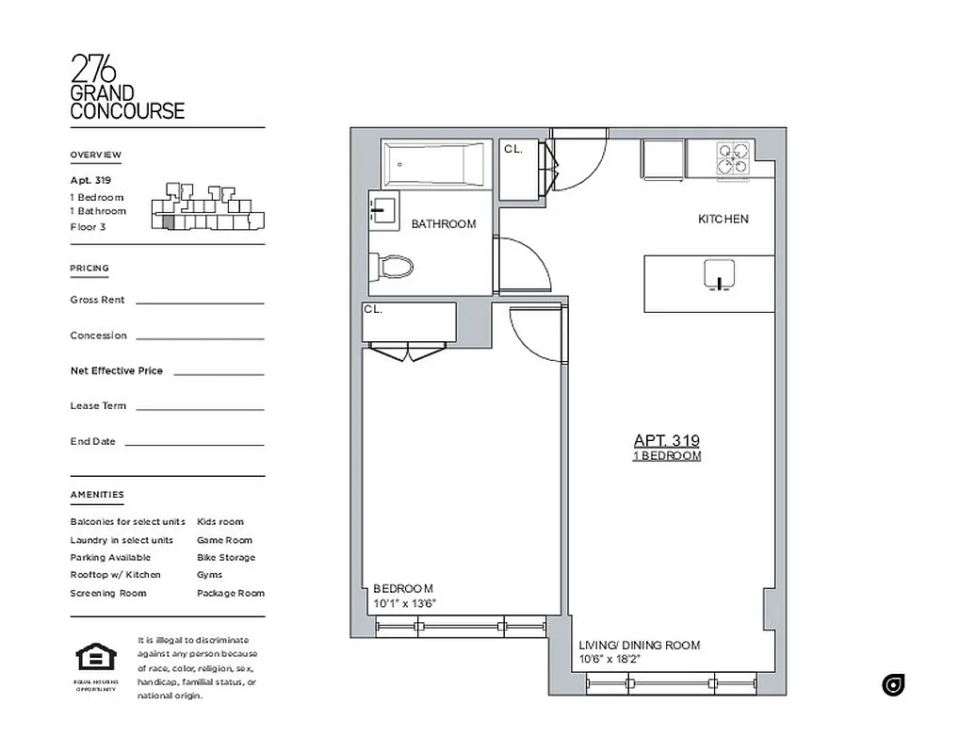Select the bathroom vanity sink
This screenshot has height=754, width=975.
(384, 210)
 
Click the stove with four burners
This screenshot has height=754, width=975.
(732, 159)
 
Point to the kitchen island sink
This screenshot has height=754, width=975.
(717, 275)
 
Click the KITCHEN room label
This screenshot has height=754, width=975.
(723, 219)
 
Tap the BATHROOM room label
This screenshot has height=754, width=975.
(443, 224)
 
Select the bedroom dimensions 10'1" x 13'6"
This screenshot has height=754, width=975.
(405, 604)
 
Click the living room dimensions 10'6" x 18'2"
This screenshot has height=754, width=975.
(610, 660)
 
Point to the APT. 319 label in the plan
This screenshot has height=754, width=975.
(666, 440)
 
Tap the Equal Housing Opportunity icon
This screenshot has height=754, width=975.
(95, 660)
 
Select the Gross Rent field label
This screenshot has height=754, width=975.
(97, 300)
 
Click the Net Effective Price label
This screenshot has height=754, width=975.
(116, 370)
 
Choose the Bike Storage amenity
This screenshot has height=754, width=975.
(226, 558)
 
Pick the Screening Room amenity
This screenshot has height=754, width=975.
(108, 593)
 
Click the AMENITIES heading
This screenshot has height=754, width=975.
(96, 495)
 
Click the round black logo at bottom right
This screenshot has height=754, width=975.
(893, 685)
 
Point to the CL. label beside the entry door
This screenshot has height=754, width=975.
(512, 149)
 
